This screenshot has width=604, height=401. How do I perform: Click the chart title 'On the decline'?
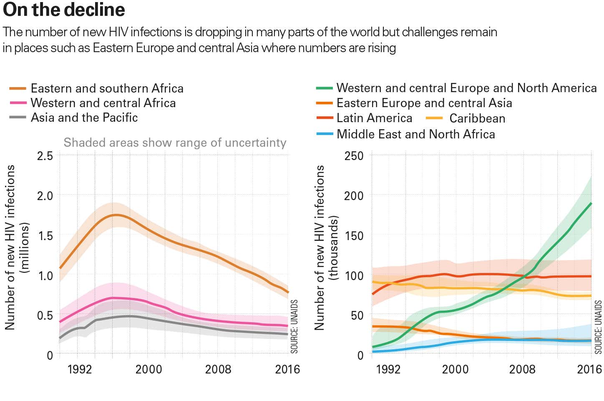pos(64,10)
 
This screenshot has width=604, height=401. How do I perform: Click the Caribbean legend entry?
pos(477,118)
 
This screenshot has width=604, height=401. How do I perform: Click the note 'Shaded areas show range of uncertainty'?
pos(175,143)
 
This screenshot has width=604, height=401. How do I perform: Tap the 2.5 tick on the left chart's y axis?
pos(45,156)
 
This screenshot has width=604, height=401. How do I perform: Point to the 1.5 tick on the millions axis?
pos(45,236)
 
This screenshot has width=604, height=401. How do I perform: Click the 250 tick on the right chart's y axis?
pos(354,156)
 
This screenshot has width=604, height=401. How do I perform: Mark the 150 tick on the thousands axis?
pos(354,236)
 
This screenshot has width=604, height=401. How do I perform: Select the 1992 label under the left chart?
pos(79,369)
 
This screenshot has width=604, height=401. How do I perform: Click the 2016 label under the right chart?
pos(589,369)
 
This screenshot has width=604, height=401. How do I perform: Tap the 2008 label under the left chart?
pos(218,369)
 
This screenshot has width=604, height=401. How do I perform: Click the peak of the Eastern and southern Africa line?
pos(116,215)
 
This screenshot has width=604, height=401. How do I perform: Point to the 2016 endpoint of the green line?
pos(591,203)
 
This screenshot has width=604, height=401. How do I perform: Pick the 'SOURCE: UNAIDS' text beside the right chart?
pos(599,327)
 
